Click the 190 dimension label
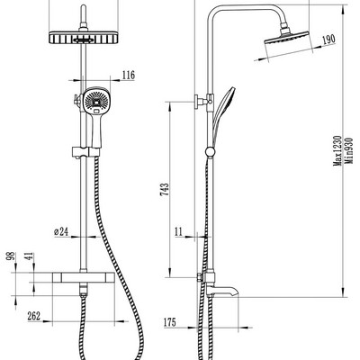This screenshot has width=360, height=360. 328,40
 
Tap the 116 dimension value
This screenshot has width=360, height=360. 129,75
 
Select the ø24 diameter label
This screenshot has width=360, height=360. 61,231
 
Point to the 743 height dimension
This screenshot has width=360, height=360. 165,190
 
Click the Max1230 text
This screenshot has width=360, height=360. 337,151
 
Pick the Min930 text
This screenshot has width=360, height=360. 349,150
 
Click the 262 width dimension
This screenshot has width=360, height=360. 34,316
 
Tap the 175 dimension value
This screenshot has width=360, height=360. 170,322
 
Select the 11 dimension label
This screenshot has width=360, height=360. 178,231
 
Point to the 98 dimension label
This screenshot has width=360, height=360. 12,256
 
